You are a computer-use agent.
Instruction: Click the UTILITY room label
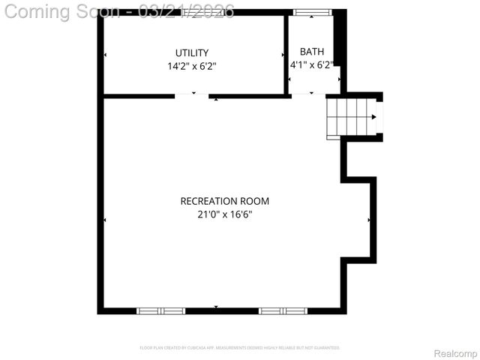coord(192,52)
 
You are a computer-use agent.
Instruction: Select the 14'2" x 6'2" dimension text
coord(192,66)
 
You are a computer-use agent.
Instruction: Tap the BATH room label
coord(312,52)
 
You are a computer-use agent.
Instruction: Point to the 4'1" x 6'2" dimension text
coord(311,65)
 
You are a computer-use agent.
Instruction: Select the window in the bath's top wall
coord(312,12)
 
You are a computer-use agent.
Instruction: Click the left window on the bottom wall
coord(160,310)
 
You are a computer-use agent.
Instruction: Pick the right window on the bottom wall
coord(283,310)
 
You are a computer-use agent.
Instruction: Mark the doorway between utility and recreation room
coord(192,95)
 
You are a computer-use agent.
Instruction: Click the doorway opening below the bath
coord(307,95)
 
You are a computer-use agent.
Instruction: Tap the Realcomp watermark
coord(455,353)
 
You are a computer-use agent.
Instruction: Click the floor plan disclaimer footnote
coord(240,348)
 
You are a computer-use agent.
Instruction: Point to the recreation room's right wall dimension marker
coord(369,220)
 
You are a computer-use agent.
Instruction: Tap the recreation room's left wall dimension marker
coord(104,220)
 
